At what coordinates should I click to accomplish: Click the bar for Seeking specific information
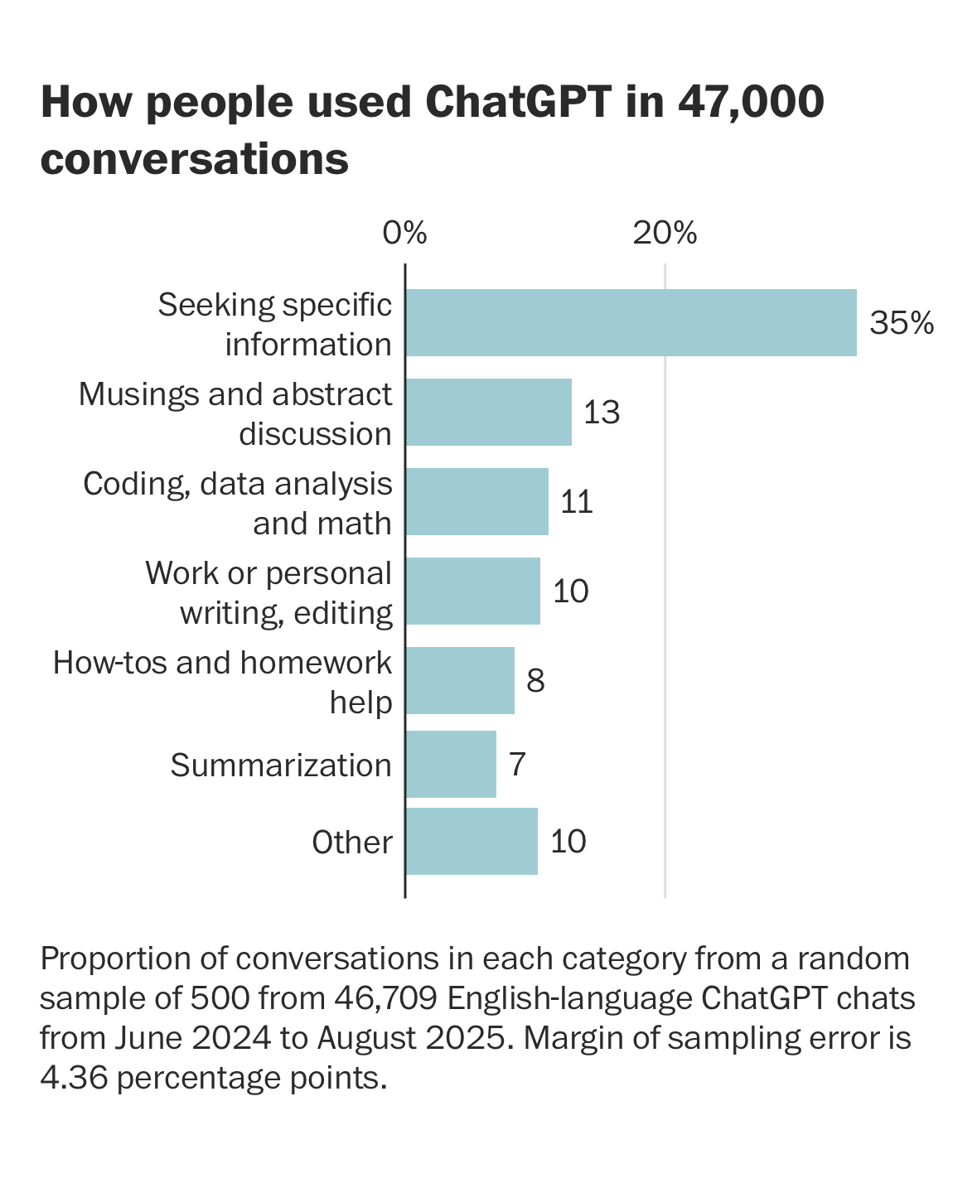click(x=631, y=323)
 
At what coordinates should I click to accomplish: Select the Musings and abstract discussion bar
click(x=488, y=413)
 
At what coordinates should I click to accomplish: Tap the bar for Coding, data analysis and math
click(x=476, y=502)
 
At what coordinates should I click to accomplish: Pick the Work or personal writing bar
click(x=472, y=592)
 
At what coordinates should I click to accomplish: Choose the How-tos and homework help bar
click(x=460, y=681)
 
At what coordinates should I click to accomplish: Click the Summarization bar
click(x=451, y=764)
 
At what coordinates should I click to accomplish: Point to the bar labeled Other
click(x=472, y=842)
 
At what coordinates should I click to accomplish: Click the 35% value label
click(x=902, y=323)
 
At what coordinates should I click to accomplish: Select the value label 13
click(x=602, y=413)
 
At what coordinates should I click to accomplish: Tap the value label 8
click(x=535, y=681)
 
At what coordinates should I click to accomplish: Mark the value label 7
click(x=517, y=764)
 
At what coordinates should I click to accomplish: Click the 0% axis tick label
click(x=404, y=234)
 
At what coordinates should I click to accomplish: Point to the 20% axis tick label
click(x=665, y=234)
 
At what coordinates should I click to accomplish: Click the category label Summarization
click(x=281, y=765)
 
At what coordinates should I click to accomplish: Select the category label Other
click(x=351, y=843)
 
